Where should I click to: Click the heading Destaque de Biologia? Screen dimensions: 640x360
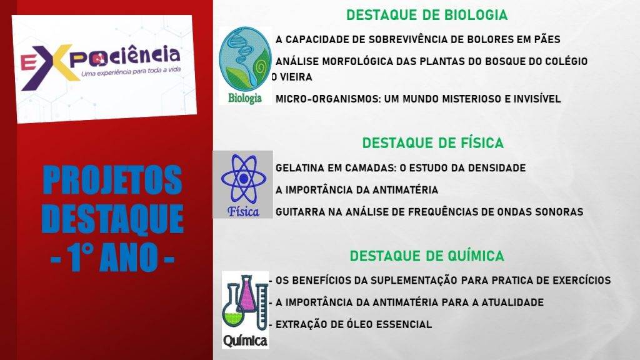[427, 15]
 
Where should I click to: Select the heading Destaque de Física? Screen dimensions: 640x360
[433, 143]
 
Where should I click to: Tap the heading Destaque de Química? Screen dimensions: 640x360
[427, 256]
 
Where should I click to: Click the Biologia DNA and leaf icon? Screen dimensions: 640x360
[245, 65]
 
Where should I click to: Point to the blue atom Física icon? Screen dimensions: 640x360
[243, 184]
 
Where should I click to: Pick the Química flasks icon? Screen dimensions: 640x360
[245, 310]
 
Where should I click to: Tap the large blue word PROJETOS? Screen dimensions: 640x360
[112, 180]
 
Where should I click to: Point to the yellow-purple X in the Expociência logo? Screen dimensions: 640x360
[56, 66]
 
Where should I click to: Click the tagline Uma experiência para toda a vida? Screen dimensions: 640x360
[131, 72]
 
